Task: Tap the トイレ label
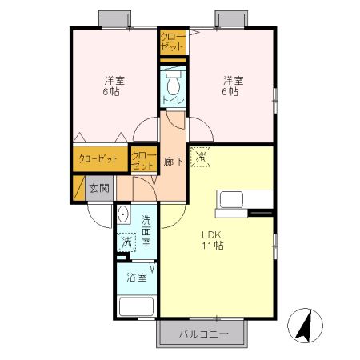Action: [173, 101]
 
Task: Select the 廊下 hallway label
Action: [174, 162]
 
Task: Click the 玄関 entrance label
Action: [99, 189]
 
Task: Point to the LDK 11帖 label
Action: [212, 240]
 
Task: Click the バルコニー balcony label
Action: [203, 334]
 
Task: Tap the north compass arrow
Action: [304, 323]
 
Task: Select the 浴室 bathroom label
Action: [136, 278]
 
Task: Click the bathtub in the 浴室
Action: [136, 306]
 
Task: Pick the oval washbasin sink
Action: [123, 215]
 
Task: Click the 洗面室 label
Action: [147, 229]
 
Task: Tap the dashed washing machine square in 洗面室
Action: [126, 242]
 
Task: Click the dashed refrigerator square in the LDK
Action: [202, 158]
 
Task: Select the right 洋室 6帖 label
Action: [231, 86]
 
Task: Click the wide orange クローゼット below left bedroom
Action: [101, 158]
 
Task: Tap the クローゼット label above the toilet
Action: [172, 42]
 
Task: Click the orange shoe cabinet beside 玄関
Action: [78, 189]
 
